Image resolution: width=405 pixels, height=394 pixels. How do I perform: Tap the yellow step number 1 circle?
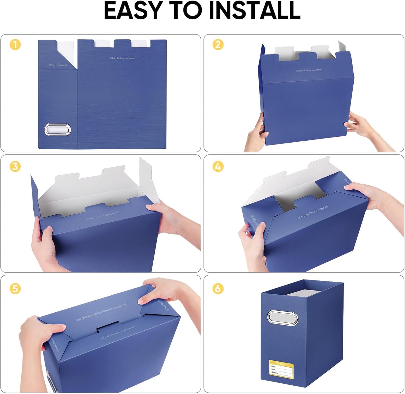[15, 45]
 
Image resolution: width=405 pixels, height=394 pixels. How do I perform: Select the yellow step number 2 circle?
[218, 45]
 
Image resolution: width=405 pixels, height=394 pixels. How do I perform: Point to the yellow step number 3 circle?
[15, 166]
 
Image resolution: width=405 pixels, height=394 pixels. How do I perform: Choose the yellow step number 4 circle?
[218, 166]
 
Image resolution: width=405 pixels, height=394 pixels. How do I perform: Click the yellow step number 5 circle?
[15, 288]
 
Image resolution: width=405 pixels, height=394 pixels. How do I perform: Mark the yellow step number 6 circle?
[218, 288]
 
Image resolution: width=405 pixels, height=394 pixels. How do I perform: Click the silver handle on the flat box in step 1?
[58, 130]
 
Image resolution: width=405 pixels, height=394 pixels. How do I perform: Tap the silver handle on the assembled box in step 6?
[283, 318]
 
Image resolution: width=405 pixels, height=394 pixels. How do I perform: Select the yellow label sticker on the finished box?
[281, 369]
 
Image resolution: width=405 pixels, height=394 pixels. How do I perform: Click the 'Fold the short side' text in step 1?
[58, 65]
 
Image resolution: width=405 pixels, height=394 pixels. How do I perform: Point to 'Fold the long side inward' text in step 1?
[122, 58]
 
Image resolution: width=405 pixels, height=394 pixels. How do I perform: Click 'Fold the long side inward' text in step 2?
[309, 70]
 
